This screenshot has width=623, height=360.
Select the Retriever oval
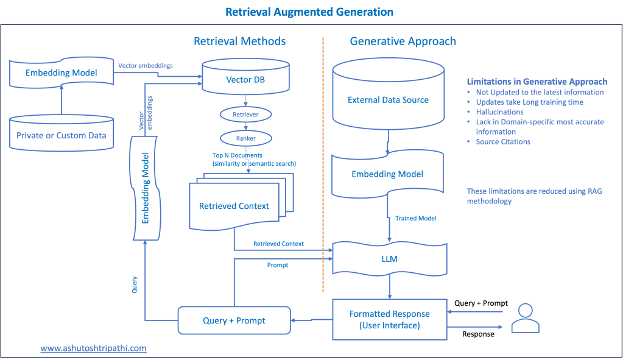coord(245,115)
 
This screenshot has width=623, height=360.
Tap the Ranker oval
coord(245,138)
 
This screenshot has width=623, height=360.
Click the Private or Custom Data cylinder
coord(62,133)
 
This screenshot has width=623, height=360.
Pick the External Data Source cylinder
coord(388,94)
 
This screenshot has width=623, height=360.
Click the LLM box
coord(389,259)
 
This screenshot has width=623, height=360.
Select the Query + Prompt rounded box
coord(234,320)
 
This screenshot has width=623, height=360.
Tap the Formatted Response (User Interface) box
coord(389,319)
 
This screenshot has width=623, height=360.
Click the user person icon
coord(526,318)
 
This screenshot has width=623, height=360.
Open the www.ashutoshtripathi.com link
coord(93,348)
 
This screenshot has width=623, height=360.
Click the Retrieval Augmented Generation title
coord(309,12)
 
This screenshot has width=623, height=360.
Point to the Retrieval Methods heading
coord(239,41)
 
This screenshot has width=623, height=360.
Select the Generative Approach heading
coord(403,41)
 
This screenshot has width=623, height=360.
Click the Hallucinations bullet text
coord(499,112)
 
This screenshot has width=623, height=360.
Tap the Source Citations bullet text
coord(503,142)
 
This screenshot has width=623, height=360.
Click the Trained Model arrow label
coord(415,218)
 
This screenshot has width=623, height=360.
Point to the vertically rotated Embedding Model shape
coord(146,188)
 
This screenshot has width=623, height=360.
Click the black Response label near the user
coord(478,334)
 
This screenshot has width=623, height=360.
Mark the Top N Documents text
coord(237,155)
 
